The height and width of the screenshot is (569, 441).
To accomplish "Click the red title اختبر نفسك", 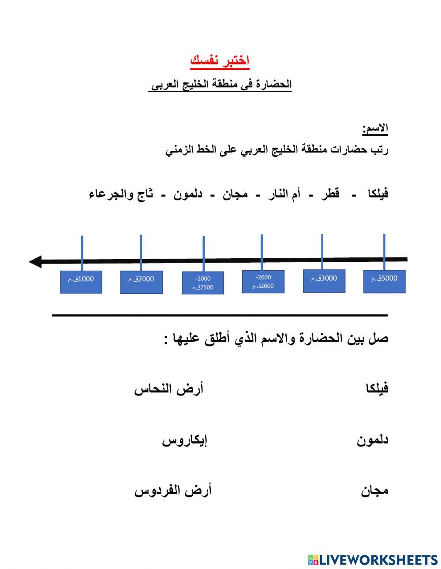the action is click(220, 60).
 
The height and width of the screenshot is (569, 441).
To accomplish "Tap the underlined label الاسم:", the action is click(375, 128).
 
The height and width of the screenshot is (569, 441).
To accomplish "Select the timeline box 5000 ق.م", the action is click(384, 281).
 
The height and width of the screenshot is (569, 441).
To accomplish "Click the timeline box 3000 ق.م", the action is click(324, 281).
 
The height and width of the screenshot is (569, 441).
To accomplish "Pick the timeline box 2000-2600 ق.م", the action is click(263, 282).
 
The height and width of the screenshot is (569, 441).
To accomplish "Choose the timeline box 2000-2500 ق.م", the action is click(203, 283).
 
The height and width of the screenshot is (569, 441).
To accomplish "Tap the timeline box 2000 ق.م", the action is click(141, 282).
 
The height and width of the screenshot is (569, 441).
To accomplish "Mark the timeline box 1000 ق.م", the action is click(81, 282).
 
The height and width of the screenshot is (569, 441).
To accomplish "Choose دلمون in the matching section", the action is click(373, 440).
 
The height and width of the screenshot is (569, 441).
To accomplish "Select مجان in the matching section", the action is click(375, 491).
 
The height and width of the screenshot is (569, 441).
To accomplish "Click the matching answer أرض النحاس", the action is click(169, 390).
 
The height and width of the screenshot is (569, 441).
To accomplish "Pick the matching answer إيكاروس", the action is click(185, 440).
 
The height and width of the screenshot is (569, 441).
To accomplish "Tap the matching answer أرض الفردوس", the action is click(173, 491).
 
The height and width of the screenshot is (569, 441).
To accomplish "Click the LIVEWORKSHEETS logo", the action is click(373, 560).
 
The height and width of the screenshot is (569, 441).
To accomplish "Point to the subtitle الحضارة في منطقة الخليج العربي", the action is click(220, 84).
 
